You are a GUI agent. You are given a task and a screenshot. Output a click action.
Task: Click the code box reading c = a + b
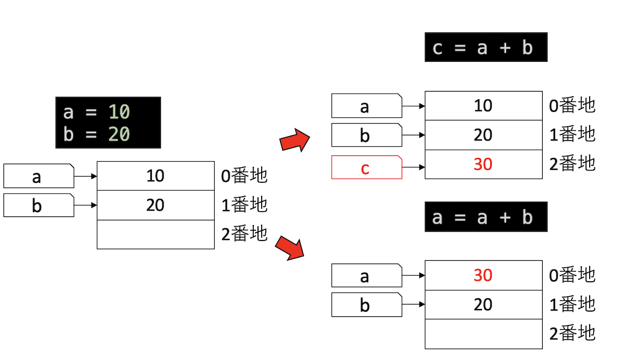486,47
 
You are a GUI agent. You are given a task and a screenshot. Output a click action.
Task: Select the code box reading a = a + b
486,217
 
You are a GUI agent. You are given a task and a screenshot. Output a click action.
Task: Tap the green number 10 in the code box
119,112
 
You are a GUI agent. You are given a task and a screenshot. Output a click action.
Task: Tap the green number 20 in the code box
119,134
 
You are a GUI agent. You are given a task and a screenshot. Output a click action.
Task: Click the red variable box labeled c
366,167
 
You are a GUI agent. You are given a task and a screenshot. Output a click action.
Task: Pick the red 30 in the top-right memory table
483,164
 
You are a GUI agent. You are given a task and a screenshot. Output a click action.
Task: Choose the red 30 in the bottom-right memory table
483,276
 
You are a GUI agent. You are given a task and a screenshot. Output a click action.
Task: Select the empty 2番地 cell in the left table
156,234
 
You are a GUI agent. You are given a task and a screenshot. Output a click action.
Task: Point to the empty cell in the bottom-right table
483,334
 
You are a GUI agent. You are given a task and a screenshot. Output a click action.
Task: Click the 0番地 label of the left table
244,176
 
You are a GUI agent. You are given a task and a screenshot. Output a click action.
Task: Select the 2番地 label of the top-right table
572,164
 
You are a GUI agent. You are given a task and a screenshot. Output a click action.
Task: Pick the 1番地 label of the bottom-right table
572,304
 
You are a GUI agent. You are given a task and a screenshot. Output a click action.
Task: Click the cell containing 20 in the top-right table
483,135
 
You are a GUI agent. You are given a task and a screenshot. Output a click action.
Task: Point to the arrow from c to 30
413,167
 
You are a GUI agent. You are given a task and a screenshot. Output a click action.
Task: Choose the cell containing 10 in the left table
156,176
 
